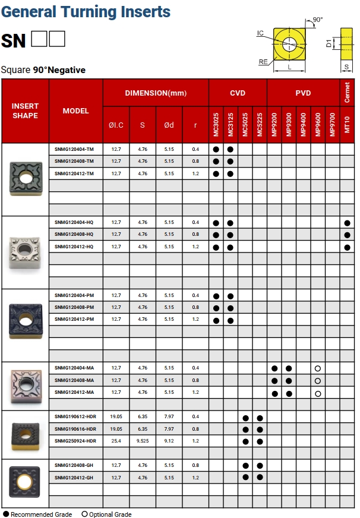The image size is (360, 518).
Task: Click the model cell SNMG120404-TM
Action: coord(74,149)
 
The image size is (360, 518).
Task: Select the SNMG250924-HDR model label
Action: coord(75,441)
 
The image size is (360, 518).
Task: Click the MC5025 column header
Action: coord(245,124)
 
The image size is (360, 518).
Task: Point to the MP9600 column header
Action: coord(318,124)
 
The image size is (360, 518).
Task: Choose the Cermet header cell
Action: coord(347,93)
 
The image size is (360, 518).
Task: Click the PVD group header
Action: coord(303,93)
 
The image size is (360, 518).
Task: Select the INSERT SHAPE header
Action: coord(25,110)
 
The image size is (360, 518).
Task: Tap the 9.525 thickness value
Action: coord(143,441)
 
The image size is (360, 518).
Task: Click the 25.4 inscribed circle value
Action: coord(116,441)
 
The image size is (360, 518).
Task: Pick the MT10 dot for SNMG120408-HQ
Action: coord(347,235)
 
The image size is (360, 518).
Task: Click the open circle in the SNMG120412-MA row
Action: coord(318,393)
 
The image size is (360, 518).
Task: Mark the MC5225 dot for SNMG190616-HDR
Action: coord(260,429)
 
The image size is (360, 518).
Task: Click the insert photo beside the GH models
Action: coord(25,478)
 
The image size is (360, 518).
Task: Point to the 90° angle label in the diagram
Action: coord(318,20)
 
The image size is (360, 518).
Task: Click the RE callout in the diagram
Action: coord(263,62)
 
